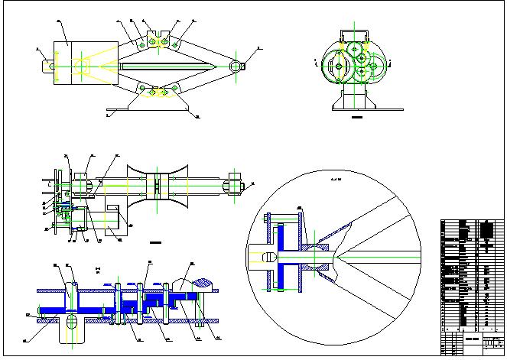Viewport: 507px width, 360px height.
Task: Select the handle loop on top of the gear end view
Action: (356, 34)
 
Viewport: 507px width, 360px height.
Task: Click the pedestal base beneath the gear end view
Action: (356, 98)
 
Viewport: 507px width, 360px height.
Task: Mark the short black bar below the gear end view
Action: (356, 119)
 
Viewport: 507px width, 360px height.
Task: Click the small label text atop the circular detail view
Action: (335, 180)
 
